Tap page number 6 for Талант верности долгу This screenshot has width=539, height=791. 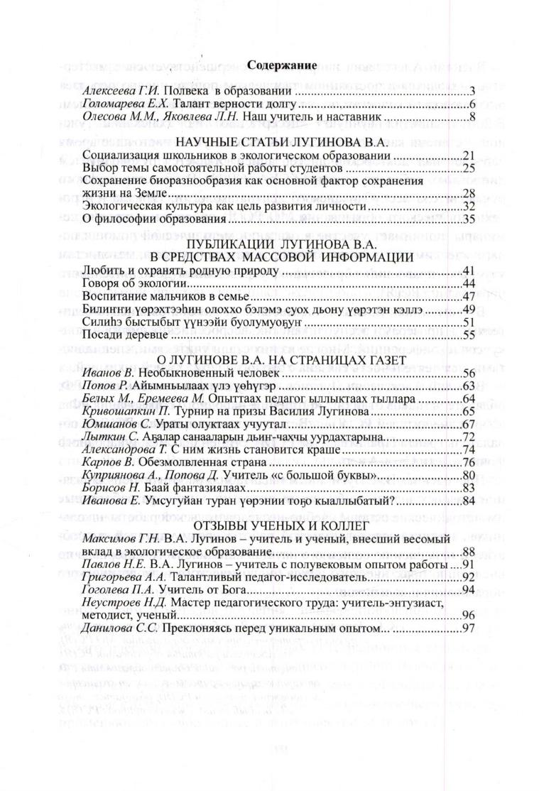pos(472,104)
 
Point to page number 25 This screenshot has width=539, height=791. pos(468,168)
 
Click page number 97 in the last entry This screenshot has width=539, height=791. pos(468,628)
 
